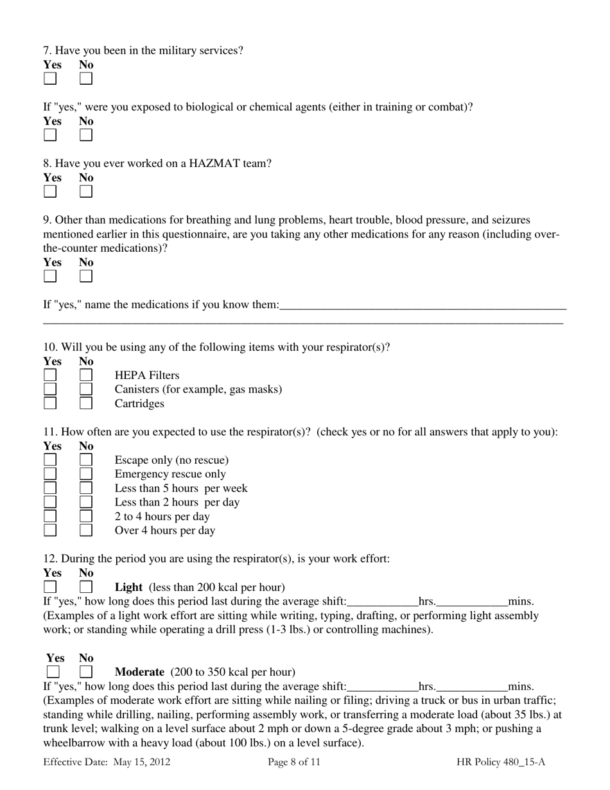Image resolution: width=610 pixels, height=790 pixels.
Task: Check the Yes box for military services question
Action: [x=50, y=79]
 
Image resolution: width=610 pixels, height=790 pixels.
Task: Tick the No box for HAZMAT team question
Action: [x=86, y=192]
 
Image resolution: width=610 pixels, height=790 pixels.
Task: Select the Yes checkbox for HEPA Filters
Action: [x=50, y=375]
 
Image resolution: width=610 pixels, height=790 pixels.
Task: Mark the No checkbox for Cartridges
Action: [x=86, y=403]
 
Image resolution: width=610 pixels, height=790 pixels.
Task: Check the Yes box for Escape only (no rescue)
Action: [x=50, y=460]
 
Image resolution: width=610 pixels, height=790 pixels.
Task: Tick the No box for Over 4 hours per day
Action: [x=86, y=531]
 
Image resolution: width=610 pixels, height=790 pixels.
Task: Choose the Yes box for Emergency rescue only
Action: [x=50, y=474]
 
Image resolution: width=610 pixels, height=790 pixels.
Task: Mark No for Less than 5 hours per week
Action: [x=86, y=488]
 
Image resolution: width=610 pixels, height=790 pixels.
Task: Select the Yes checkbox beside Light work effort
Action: [x=50, y=587]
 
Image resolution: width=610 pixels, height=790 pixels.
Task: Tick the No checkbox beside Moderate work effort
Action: [x=86, y=672]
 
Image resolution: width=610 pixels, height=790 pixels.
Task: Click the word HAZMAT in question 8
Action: [x=211, y=164]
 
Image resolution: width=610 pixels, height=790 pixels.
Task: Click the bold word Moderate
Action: [x=139, y=672]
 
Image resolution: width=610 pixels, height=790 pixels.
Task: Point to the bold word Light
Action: [x=128, y=587]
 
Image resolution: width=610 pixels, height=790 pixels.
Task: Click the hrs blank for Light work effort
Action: [x=382, y=602]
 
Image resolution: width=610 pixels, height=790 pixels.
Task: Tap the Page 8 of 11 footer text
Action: [x=293, y=762]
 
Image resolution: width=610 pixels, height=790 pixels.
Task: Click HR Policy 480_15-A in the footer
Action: [x=501, y=762]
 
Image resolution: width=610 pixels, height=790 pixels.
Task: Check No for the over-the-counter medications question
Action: [x=86, y=277]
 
